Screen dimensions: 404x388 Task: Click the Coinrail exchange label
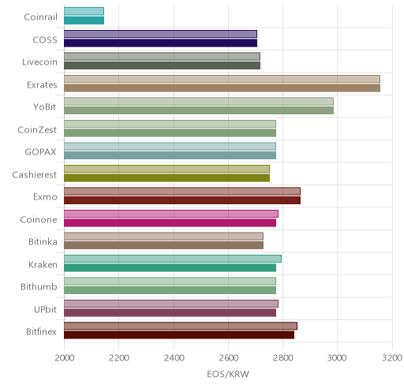click(40, 17)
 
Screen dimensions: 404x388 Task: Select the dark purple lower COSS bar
click(160, 43)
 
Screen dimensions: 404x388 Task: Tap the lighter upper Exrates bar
click(222, 79)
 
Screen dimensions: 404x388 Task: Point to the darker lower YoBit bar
click(199, 110)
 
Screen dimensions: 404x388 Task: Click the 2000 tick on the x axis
click(65, 358)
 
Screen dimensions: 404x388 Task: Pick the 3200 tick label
click(392, 358)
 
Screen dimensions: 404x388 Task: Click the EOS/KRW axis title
click(228, 374)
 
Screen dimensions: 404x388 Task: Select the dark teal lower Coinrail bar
click(84, 21)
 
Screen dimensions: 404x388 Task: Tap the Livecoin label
click(39, 62)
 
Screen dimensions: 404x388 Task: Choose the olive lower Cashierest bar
click(166, 177)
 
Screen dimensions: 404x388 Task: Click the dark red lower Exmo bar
click(182, 200)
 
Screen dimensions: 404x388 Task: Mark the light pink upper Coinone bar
click(171, 214)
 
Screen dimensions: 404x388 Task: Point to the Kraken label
click(43, 264)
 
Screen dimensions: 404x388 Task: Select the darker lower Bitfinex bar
click(179, 335)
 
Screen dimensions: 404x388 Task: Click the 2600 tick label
click(228, 358)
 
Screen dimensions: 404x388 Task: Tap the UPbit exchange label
click(45, 309)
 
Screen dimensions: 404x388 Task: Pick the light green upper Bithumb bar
click(170, 282)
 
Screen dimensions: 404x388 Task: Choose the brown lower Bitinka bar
click(163, 245)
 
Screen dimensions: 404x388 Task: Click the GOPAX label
click(40, 152)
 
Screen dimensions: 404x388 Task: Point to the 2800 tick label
click(283, 358)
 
